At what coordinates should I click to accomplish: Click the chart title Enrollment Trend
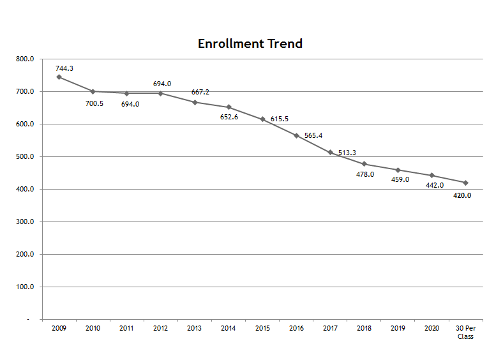[250, 43]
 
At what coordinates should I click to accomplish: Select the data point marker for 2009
[59, 77]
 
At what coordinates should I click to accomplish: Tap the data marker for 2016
[296, 135]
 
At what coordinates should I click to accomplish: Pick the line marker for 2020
[432, 175]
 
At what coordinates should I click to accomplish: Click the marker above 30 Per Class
[466, 183]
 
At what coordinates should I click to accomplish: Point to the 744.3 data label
[65, 68]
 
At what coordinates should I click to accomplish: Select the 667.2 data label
[200, 92]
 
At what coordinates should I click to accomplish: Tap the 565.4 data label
[313, 135]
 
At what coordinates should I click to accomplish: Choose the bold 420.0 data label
[462, 195]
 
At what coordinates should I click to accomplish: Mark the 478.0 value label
[365, 174]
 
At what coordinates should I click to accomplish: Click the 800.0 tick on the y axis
[26, 59]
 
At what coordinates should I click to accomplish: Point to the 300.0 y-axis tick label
[26, 222]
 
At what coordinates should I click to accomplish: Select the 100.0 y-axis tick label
[26, 287]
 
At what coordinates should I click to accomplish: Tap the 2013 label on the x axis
[195, 328]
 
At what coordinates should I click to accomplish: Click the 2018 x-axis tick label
[364, 328]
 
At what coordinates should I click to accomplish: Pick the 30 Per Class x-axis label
[466, 332]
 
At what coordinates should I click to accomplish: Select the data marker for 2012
[161, 93]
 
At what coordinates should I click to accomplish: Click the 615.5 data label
[280, 119]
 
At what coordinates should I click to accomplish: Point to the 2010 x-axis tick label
[93, 328]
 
